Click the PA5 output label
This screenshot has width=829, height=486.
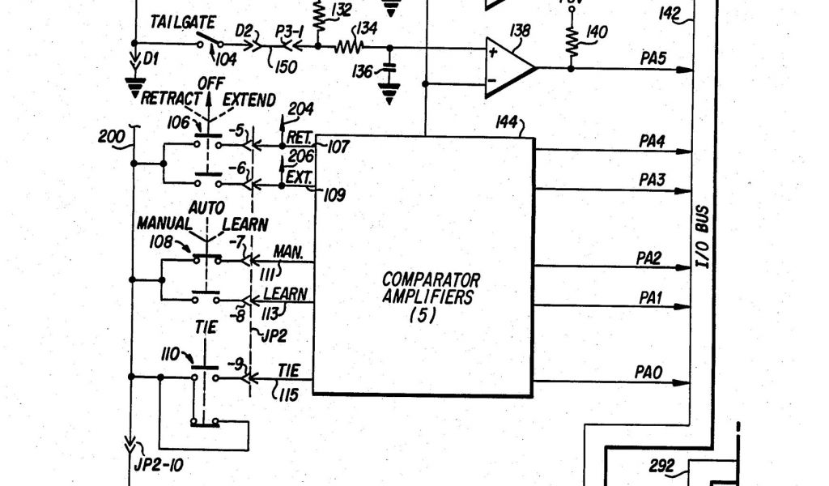pyautogui.click(x=652, y=58)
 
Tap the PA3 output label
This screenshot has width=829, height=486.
pyautogui.click(x=652, y=180)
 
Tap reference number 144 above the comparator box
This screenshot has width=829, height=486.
pyautogui.click(x=509, y=123)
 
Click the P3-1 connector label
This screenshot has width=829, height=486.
pyautogui.click(x=290, y=31)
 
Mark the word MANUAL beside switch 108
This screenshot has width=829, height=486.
pyautogui.click(x=164, y=224)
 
